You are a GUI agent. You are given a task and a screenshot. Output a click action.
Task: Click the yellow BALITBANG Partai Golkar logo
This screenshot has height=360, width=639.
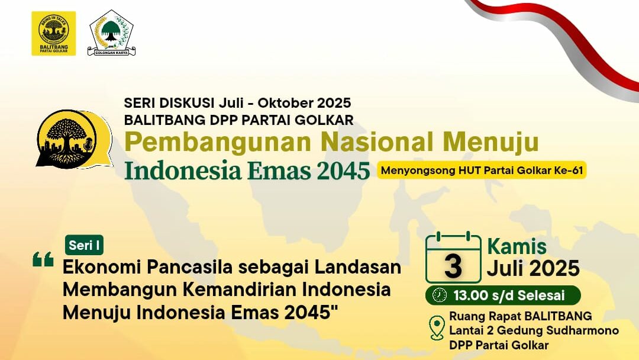pos(53,33)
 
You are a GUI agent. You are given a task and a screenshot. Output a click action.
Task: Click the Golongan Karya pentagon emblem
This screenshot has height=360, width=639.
pos(111,33)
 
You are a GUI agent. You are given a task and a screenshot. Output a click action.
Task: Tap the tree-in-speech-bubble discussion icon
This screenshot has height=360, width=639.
pos(74,139)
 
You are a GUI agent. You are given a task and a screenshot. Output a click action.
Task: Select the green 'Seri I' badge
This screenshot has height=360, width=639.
pos(84,245)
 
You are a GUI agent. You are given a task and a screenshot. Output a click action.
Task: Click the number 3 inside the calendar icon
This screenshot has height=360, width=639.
pos(453,266)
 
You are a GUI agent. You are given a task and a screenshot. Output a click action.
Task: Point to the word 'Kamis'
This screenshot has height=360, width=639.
pos(517,247)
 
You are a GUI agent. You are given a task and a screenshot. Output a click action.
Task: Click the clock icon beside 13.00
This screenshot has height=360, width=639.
pos(439,295)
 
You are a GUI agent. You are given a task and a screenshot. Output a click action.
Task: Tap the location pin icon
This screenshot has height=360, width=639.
pos(437,327)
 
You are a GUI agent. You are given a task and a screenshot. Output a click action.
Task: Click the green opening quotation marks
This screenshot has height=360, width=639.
pos(43,259)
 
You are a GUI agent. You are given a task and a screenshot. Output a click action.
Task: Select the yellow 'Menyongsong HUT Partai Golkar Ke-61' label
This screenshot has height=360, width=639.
pos(482,170)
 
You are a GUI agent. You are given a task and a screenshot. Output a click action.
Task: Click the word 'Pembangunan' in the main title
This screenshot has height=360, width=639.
pos(218,142)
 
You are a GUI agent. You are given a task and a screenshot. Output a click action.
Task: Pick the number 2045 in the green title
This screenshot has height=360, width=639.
pos(343,171)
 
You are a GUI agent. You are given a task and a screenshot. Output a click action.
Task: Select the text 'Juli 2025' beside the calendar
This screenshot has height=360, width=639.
pos(533,268)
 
